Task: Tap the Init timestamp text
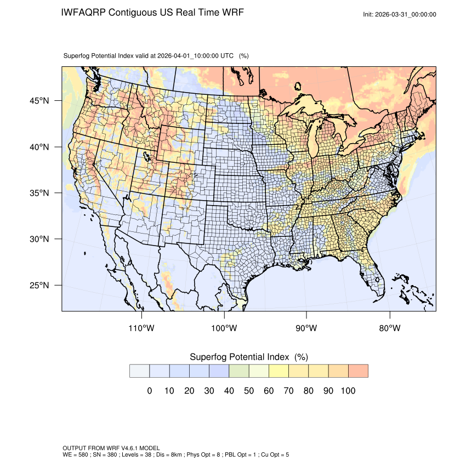[400, 14]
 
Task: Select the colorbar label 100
[348, 391]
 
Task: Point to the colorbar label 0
[150, 391]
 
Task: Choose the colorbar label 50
[249, 391]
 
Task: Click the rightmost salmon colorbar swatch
[358, 371]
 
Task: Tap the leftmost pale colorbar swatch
[140, 371]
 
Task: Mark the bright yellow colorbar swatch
[279, 371]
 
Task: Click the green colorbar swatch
[239, 371]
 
